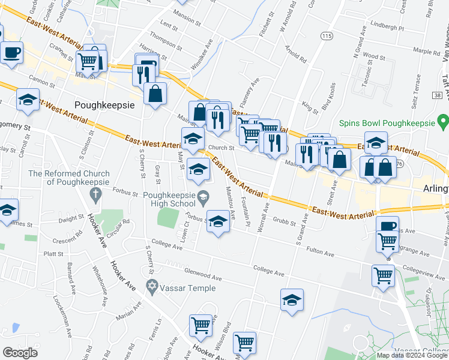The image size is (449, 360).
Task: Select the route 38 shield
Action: coord(436,95)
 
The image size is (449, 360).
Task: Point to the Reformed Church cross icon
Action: coord(94,194)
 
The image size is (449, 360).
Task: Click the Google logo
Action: coord(21,353)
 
